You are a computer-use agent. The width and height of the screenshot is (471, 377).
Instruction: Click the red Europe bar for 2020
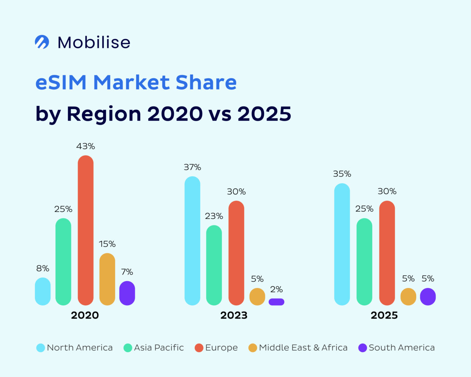pos(85,230)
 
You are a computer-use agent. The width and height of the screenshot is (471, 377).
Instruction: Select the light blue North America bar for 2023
pos(192,241)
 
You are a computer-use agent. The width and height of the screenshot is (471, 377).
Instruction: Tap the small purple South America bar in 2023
pos(276,302)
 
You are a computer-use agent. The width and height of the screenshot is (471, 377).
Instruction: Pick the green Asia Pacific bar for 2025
pos(364,261)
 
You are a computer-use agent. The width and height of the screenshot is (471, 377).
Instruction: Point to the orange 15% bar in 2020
pos(107,279)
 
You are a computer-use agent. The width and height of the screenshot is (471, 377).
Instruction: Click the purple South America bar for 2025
pos(428,296)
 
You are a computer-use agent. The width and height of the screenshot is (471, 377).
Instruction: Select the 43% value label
pos(85,146)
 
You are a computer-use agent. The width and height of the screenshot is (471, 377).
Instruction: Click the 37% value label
pos(192,167)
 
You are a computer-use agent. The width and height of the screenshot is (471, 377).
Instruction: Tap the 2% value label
pos(276,289)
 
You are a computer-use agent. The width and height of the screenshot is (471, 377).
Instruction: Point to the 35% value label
pos(342,174)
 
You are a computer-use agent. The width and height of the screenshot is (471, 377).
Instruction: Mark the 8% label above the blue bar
pos(43,268)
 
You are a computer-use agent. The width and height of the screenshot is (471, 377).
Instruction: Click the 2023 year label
pos(234,316)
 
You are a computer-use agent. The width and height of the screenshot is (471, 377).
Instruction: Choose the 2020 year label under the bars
pos(85,316)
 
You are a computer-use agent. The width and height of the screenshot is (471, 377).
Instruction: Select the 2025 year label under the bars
pos(384,316)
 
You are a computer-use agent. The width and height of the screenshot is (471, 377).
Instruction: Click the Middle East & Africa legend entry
pos(303,348)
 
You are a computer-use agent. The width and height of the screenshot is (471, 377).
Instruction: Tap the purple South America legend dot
pos(363,348)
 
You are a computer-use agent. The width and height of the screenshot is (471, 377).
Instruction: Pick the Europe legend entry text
pos(221,348)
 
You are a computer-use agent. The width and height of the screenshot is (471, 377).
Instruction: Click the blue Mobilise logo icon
pos(42,42)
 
